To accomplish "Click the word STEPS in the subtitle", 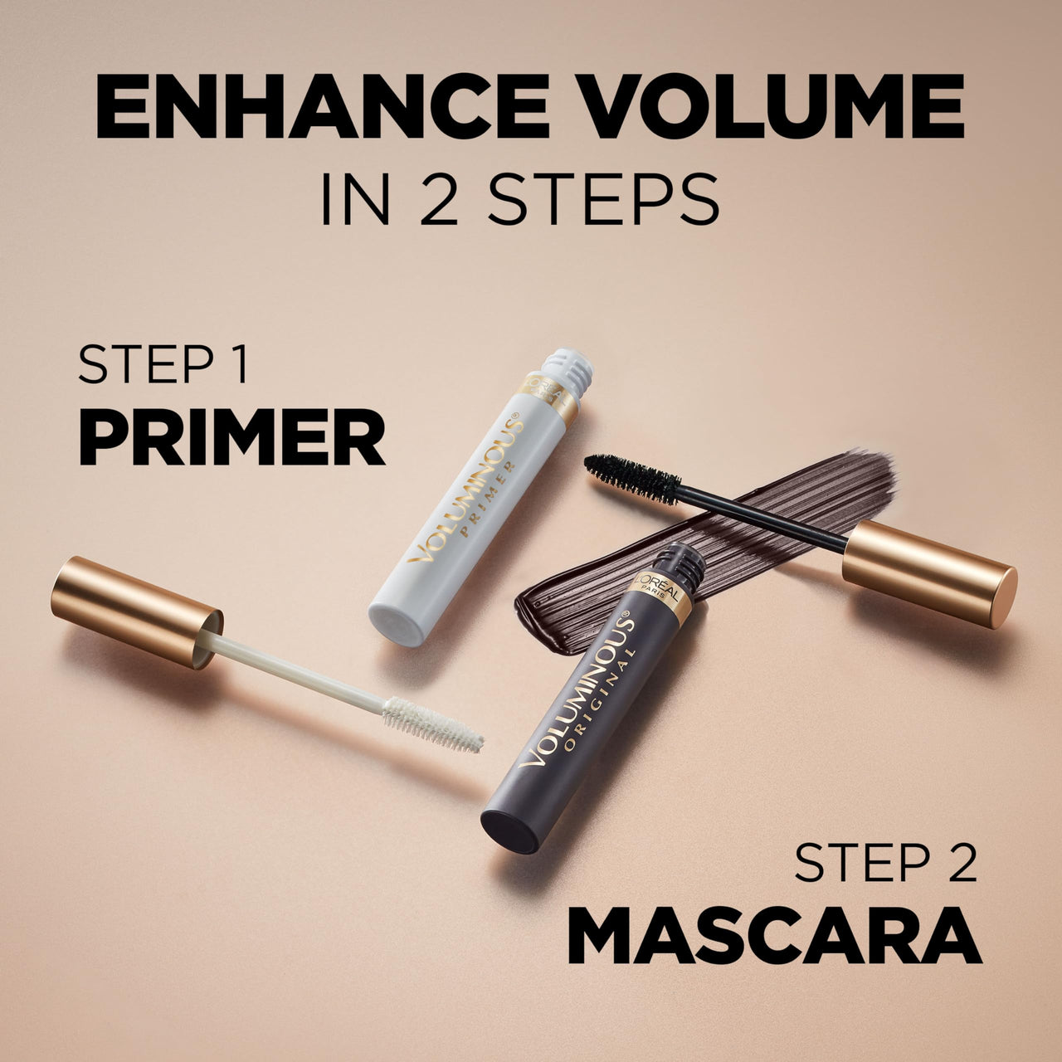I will coord(603,199).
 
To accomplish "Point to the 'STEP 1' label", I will coord(163,365).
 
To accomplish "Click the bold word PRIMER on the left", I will coord(231,441).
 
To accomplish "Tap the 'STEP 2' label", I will coord(885,863).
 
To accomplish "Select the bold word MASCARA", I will coord(774,936).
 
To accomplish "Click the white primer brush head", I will coord(432,724).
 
